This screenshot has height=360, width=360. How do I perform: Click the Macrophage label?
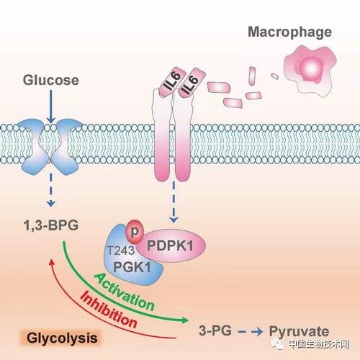click(x=289, y=32)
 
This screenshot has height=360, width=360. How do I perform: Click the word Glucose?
click(x=51, y=80)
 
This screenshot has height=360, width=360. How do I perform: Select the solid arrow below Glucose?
click(x=51, y=107)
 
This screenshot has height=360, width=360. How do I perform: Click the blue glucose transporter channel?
click(x=50, y=147)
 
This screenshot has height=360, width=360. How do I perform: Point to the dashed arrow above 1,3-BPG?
click(x=50, y=190)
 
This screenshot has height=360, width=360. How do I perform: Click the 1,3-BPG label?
click(x=51, y=225)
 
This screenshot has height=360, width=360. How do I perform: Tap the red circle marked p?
click(x=135, y=231)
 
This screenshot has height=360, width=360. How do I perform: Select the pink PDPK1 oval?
click(x=171, y=246)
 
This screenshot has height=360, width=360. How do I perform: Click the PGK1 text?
click(x=132, y=267)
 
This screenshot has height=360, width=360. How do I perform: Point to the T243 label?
click(x=121, y=251)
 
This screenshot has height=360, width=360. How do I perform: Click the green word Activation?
click(x=124, y=292)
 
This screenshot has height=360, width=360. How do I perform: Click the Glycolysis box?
click(x=62, y=338)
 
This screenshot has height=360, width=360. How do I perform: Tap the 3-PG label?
click(x=215, y=330)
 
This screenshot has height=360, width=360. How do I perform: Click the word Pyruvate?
click(x=299, y=331)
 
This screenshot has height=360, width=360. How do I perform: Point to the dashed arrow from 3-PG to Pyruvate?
click(x=251, y=332)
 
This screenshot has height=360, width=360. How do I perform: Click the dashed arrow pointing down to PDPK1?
click(x=174, y=202)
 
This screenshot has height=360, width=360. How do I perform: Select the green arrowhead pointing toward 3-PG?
click(x=184, y=320)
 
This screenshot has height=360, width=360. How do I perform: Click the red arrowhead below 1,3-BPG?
click(x=51, y=262)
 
